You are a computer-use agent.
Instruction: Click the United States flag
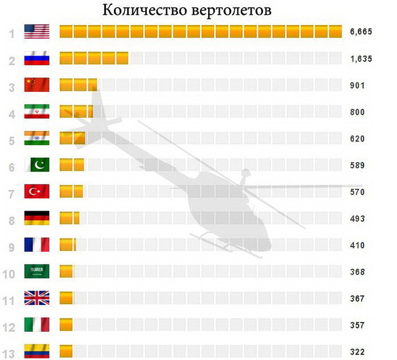click(x=37, y=32)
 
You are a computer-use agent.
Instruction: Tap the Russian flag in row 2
click(x=37, y=59)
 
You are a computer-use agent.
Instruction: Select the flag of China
click(x=37, y=85)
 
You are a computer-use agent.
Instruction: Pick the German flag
click(x=37, y=218)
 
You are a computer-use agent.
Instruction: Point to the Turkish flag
click(x=37, y=192)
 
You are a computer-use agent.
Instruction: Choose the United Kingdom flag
click(x=37, y=298)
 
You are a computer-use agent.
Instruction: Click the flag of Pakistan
click(x=37, y=165)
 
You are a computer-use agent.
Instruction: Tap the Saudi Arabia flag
click(x=37, y=271)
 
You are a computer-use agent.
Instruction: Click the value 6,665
click(x=360, y=32)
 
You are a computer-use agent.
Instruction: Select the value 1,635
click(x=360, y=59)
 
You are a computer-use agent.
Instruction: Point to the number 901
click(x=357, y=85)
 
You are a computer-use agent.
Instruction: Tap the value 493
click(x=357, y=219)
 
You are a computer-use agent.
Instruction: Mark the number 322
click(x=357, y=352)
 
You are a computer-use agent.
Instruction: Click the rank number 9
click(x=11, y=246)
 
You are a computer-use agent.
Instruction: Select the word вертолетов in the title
click(x=231, y=10)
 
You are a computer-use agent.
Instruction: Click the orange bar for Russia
click(x=94, y=58)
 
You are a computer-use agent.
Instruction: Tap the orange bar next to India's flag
click(x=72, y=139)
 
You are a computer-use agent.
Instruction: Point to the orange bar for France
click(x=67, y=245)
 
